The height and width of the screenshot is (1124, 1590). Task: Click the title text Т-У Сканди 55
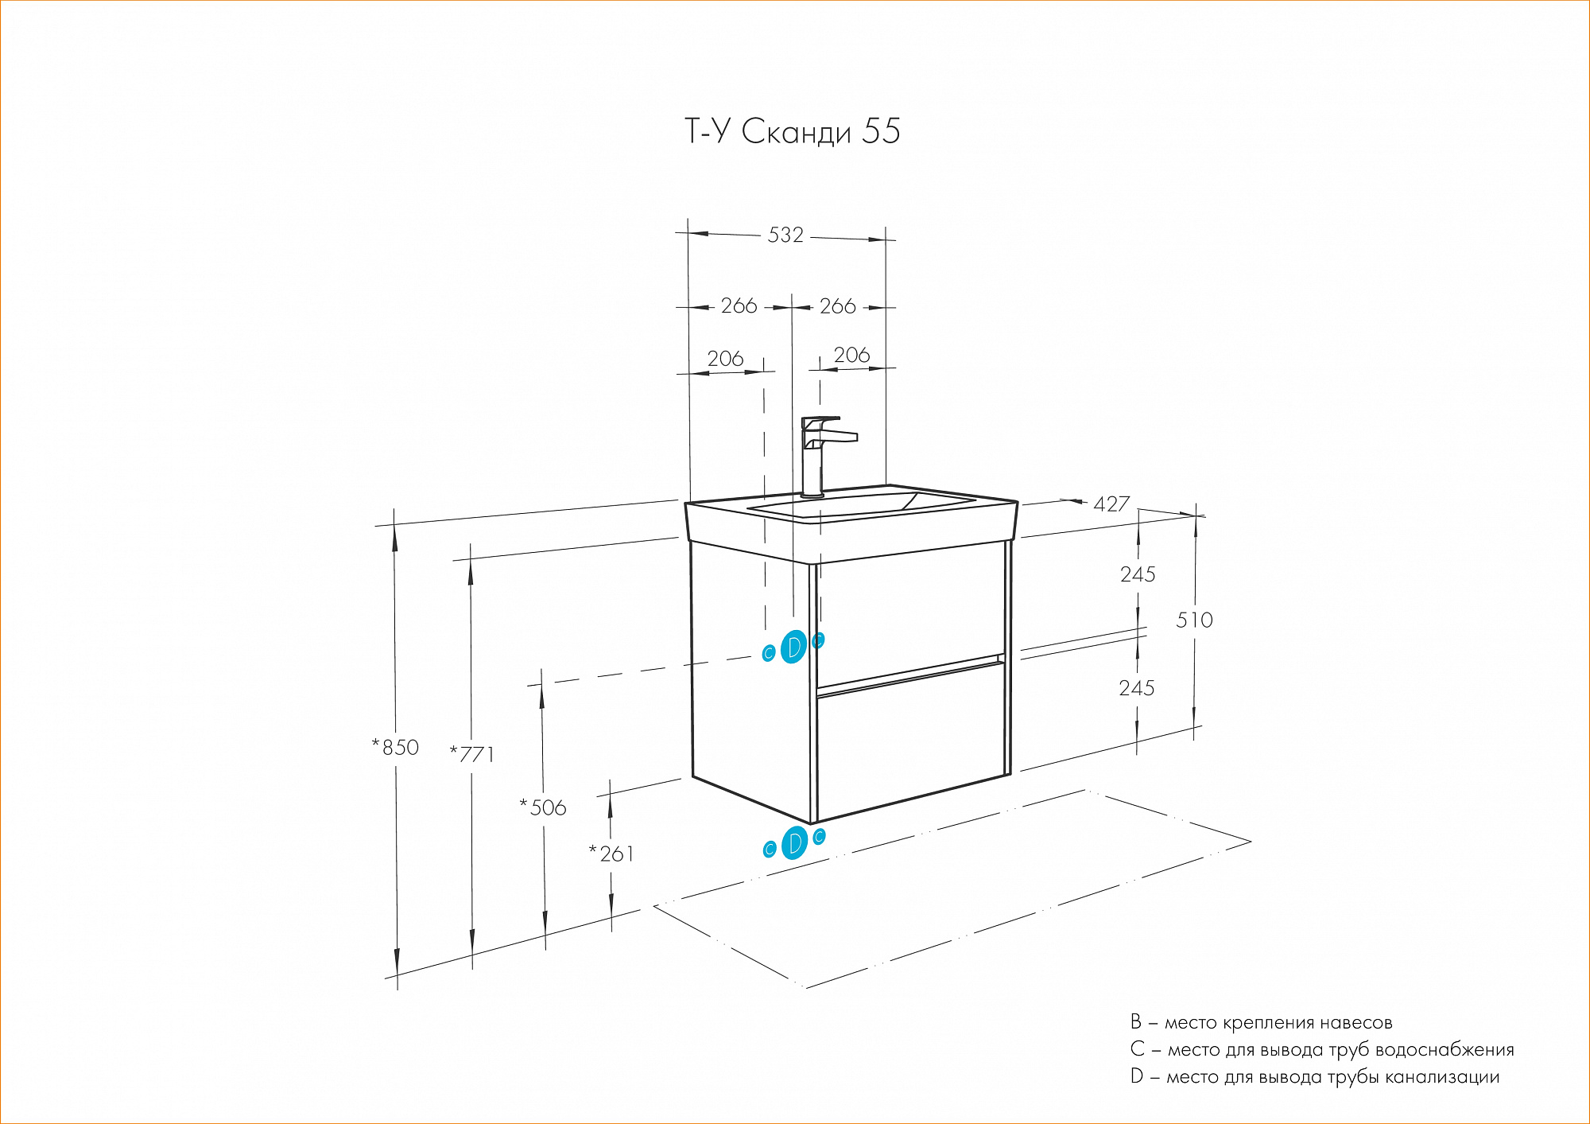click(792, 132)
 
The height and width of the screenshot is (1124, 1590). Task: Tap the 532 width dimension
click(785, 235)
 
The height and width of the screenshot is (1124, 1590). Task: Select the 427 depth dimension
click(1111, 504)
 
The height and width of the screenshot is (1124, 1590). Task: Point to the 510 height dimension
click(1194, 620)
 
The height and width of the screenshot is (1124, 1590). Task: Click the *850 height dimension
click(396, 748)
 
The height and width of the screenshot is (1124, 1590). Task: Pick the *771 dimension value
click(472, 754)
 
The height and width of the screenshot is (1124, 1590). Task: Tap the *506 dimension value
click(544, 808)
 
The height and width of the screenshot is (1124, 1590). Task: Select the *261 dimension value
click(611, 854)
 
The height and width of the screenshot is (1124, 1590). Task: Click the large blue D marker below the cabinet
click(794, 843)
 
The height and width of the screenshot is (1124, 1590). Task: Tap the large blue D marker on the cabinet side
click(793, 647)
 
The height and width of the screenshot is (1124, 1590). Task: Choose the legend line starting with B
click(1261, 1023)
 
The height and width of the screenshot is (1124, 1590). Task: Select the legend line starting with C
click(1321, 1050)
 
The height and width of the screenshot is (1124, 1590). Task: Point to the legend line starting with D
click(1315, 1077)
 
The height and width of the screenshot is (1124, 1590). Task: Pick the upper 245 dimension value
click(1138, 574)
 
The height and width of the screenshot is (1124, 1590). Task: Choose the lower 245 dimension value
click(1137, 688)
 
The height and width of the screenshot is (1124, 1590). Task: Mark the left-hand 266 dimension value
click(739, 306)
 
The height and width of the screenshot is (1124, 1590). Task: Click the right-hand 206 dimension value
click(851, 356)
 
